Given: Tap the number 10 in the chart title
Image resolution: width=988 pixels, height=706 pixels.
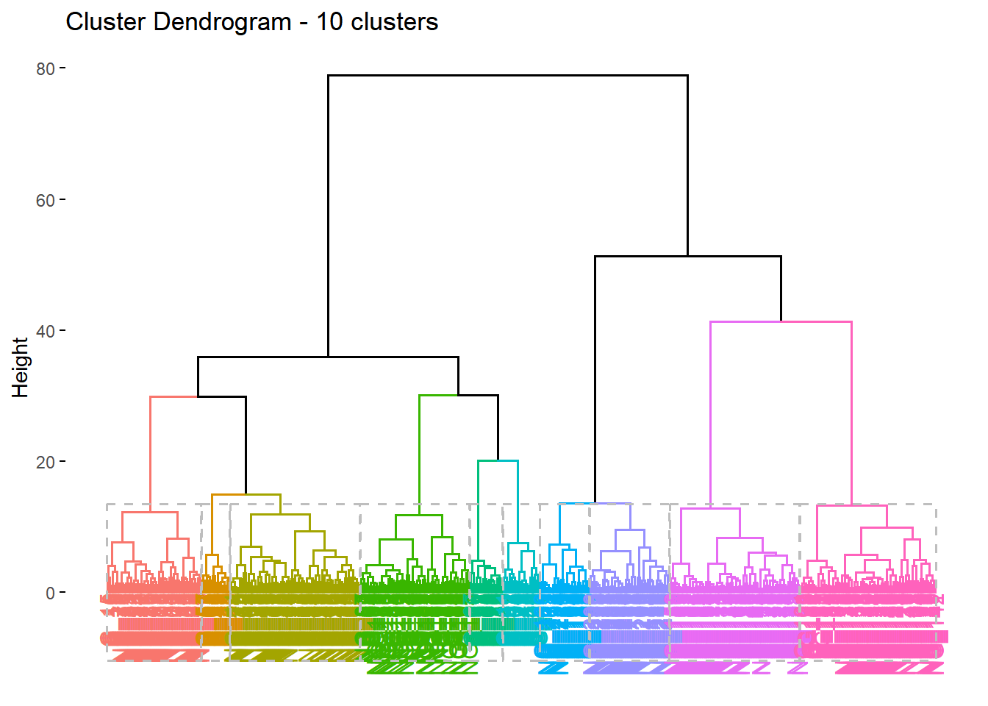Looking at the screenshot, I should pyautogui.click(x=329, y=22).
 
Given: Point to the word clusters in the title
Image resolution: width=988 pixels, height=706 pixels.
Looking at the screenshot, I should pyautogui.click(x=394, y=22).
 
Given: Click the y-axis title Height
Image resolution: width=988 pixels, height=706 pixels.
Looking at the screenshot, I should pyautogui.click(x=20, y=367).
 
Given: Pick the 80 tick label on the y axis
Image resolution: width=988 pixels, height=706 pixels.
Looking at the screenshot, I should pyautogui.click(x=45, y=69).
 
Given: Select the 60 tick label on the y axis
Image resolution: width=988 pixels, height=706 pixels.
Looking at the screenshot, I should pyautogui.click(x=45, y=200).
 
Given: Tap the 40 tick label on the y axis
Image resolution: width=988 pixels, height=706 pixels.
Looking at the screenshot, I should pyautogui.click(x=45, y=331).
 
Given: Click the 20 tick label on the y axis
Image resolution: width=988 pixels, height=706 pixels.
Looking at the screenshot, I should pyautogui.click(x=45, y=462).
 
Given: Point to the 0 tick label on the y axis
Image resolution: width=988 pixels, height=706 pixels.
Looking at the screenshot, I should pyautogui.click(x=50, y=593).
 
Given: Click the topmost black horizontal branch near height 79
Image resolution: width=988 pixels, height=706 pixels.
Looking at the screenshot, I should pyautogui.click(x=507, y=75).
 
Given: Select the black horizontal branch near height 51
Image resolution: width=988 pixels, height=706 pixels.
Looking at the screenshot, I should pyautogui.click(x=687, y=257).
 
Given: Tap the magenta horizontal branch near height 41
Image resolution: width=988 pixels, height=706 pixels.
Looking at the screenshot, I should pyautogui.click(x=781, y=321).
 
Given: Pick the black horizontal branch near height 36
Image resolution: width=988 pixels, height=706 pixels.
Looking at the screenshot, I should pyautogui.click(x=328, y=357).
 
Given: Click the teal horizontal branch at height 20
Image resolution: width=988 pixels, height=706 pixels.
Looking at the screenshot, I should pyautogui.click(x=498, y=461).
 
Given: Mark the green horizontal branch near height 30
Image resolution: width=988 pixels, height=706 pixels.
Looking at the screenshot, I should pyautogui.click(x=438, y=396).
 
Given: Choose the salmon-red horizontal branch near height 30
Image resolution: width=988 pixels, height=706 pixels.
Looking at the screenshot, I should pyautogui.click(x=173, y=397).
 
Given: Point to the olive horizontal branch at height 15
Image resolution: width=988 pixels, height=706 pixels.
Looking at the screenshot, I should pyautogui.click(x=246, y=495).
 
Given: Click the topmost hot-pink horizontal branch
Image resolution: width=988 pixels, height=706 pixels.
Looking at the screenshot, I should pyautogui.click(x=851, y=506).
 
